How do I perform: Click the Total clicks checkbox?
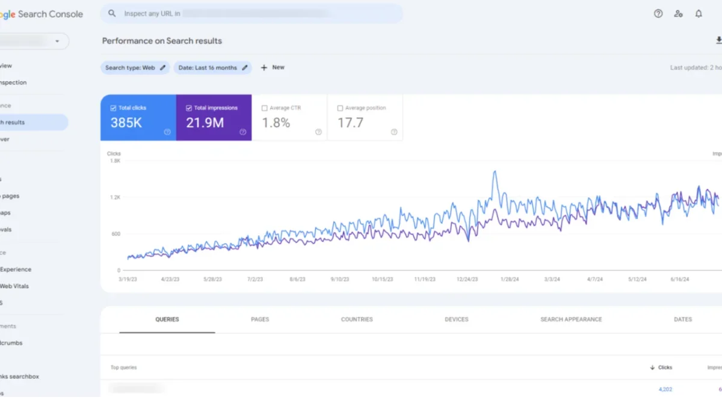coord(113,108)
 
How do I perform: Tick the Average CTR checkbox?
coord(265,108)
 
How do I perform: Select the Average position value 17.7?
coord(350,123)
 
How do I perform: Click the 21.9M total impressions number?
coord(205,123)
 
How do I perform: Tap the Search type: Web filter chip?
coord(135,68)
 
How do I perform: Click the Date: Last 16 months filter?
coord(212,68)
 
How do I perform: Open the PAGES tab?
coord(260,319)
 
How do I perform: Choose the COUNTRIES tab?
coord(357,319)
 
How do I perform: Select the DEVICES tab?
coord(456,319)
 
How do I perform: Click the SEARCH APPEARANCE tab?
coord(571,319)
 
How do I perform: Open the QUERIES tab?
coord(167,319)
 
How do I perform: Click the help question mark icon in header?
coord(658,14)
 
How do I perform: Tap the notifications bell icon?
coord(699,14)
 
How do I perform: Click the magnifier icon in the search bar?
coord(112,13)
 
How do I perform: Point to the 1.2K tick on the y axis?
coord(114,197)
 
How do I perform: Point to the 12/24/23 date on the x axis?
coord(467,279)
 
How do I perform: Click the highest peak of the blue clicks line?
coord(495,171)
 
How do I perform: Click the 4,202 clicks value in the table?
coord(665,389)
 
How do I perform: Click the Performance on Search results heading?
coord(162,41)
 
